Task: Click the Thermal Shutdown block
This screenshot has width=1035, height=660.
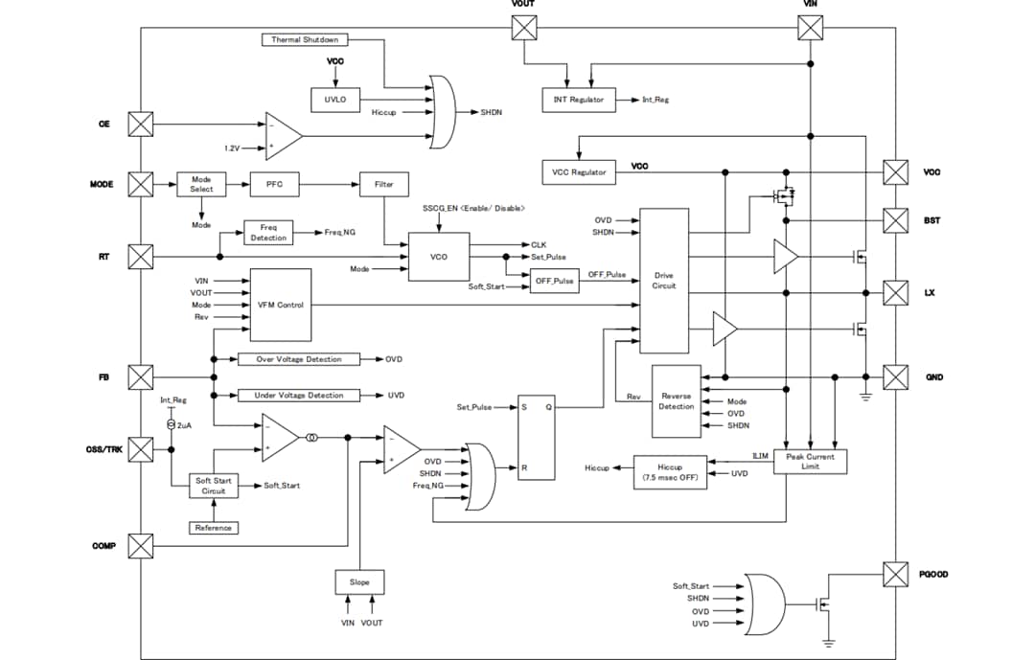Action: [x=305, y=40]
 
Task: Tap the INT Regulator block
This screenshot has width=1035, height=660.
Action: [x=579, y=100]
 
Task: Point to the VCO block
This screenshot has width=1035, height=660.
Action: [x=439, y=257]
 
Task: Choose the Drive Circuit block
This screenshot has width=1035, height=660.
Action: [x=663, y=280]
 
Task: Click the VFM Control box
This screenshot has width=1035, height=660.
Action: [x=280, y=305]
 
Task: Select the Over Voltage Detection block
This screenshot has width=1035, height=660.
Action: [x=299, y=359]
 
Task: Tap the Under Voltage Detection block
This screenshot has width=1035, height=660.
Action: [x=299, y=395]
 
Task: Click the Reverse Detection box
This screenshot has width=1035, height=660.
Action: [x=676, y=400]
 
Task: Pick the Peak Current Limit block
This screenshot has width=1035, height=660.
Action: [x=810, y=462]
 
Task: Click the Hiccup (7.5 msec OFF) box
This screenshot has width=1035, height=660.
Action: [x=670, y=473]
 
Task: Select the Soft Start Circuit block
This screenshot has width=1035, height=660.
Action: [x=213, y=486]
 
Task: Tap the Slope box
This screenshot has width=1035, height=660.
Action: [x=359, y=582]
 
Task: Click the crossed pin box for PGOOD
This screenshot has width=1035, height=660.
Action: [x=895, y=574]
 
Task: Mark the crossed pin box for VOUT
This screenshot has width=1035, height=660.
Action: [x=524, y=28]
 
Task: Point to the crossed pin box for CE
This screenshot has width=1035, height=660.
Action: [x=141, y=125]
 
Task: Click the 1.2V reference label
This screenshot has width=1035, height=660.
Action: [x=232, y=148]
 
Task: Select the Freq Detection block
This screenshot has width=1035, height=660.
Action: [x=268, y=233]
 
